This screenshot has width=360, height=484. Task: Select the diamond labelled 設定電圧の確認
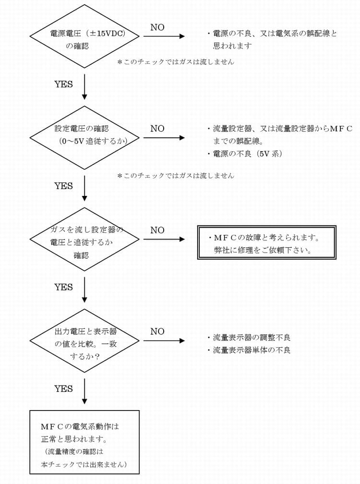tap(85, 137)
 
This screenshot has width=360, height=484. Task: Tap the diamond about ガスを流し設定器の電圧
tap(85, 239)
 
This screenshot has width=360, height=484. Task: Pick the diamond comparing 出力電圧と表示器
tap(85, 340)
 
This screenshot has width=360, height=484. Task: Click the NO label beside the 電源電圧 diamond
tap(157, 27)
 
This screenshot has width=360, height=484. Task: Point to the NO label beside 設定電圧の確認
tap(157, 129)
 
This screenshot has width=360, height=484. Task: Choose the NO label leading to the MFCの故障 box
tap(157, 230)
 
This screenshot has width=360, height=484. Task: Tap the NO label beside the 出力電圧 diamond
tap(157, 331)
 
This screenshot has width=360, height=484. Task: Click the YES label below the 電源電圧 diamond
tap(63, 84)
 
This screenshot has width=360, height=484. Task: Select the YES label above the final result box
tap(63, 388)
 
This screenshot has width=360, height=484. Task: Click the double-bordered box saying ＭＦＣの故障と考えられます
tap(266, 242)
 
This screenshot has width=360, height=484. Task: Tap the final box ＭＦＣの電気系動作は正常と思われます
tap(84, 442)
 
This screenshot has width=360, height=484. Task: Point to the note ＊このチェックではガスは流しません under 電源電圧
tap(176, 62)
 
